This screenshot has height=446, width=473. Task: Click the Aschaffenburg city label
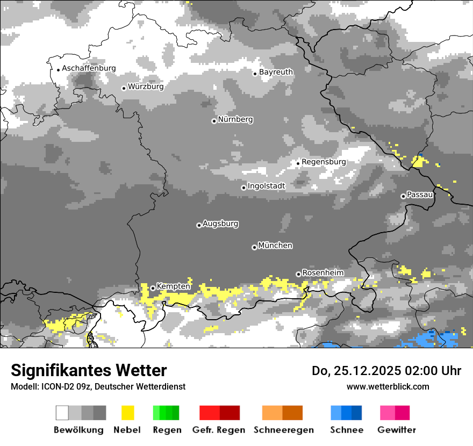tap(89, 68)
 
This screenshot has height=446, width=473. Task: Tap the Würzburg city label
tap(146, 87)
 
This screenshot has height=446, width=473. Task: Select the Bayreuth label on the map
tap(276, 72)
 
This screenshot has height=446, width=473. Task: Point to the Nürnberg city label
tap(235, 119)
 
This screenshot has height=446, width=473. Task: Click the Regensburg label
tap(324, 162)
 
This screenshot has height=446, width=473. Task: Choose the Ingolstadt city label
tap(267, 186)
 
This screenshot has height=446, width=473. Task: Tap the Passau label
tap(420, 195)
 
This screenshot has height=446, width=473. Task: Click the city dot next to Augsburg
tap(199, 225)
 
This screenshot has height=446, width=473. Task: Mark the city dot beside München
tap(254, 247)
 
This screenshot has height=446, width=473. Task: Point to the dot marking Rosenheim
tap(298, 274)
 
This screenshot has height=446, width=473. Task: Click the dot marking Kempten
tap(153, 288)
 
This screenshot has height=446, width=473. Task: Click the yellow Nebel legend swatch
tap(127, 413)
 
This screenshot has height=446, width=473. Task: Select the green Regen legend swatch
tap(166, 413)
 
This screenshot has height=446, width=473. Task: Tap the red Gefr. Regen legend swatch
tap(219, 413)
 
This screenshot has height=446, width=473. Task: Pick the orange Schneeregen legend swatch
tap(282, 413)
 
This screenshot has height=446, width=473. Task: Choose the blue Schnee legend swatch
tap(346, 413)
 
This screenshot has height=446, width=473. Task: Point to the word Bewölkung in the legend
tap(78, 430)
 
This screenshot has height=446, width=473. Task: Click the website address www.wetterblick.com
tap(388, 386)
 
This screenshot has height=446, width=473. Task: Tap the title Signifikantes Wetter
tap(89, 370)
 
